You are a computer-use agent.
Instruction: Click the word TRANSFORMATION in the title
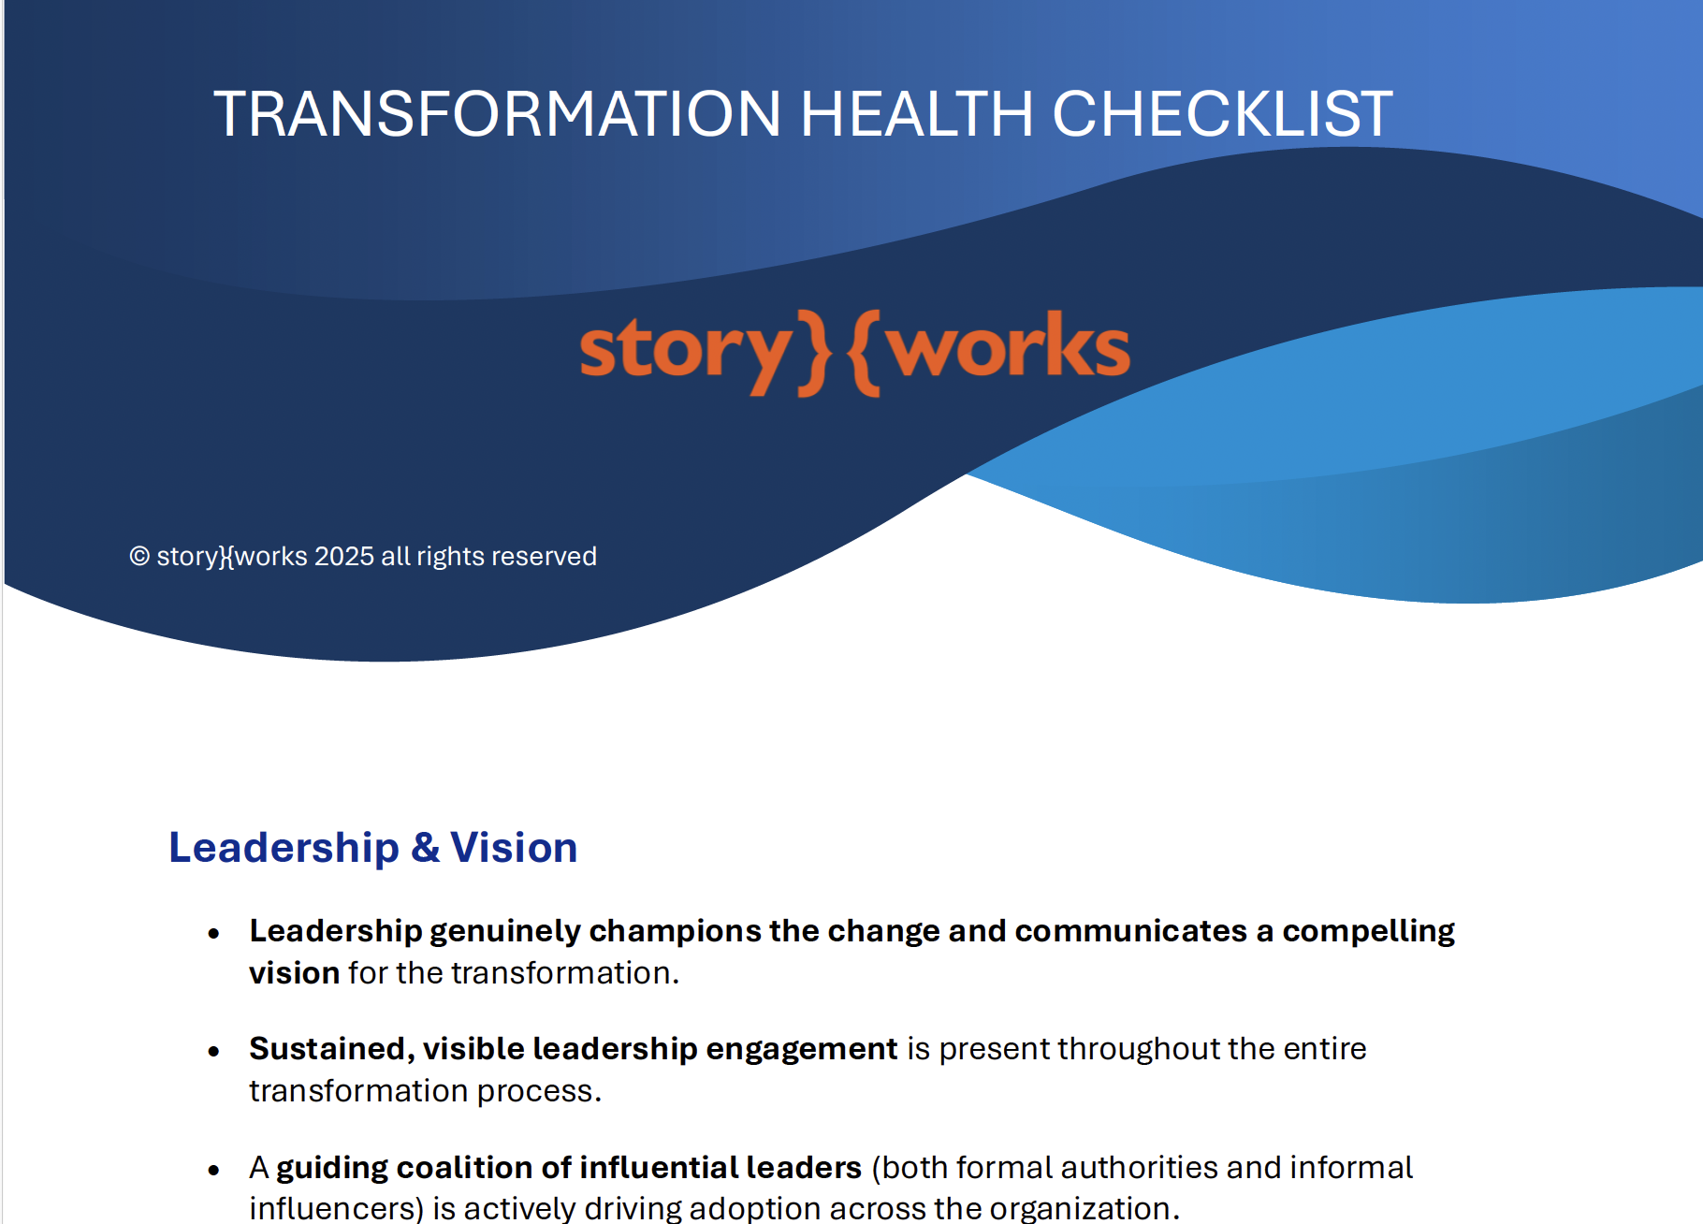point(497,114)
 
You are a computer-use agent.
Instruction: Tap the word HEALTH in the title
point(916,114)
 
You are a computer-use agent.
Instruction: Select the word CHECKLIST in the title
point(1222,114)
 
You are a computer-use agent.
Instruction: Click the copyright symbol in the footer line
point(139,557)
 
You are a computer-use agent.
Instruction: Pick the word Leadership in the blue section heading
point(284,848)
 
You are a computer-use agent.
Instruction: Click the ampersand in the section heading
point(425,848)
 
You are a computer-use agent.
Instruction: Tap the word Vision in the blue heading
point(514,848)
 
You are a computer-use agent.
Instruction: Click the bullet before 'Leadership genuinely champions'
point(214,933)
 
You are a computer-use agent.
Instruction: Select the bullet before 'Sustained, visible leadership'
point(214,1052)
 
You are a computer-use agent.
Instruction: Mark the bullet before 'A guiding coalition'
point(214,1170)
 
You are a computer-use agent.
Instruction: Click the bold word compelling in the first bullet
point(1368,931)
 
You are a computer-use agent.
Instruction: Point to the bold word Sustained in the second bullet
point(327,1049)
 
